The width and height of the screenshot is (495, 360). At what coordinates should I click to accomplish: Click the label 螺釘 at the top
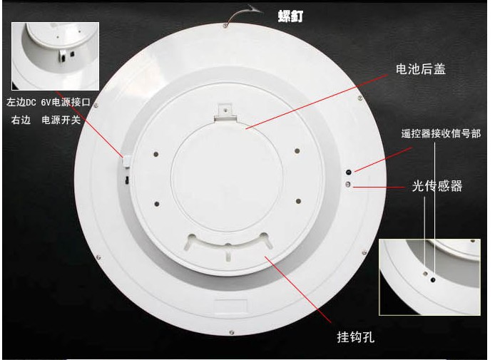tap(290, 16)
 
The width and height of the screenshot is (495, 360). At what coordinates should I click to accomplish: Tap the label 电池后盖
tap(421, 69)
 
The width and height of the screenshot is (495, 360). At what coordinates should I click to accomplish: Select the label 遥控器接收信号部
tap(441, 133)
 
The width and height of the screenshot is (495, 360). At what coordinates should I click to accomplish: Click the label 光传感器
tap(437, 186)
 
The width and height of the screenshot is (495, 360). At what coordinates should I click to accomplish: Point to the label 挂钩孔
tap(355, 337)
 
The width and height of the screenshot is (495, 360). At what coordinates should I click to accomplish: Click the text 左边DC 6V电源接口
tap(49, 102)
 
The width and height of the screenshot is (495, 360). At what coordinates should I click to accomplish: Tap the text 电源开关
tap(61, 120)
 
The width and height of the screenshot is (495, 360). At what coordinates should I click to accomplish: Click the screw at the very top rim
tap(225, 25)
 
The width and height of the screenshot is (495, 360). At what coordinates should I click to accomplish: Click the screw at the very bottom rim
tap(232, 332)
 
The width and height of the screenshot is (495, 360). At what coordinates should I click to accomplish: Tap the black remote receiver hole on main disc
tap(349, 173)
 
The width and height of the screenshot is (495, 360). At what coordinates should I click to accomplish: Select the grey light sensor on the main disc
tap(348, 184)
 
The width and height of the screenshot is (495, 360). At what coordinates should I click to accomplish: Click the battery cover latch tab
tap(225, 112)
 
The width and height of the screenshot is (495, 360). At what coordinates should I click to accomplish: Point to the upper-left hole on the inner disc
tap(156, 154)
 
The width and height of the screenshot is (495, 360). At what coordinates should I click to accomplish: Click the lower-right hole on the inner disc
tap(298, 201)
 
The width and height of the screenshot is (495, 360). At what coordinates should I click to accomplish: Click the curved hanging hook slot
tap(228, 245)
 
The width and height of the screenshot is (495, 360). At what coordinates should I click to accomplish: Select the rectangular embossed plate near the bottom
tap(230, 307)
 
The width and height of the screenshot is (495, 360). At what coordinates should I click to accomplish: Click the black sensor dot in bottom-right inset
tap(433, 279)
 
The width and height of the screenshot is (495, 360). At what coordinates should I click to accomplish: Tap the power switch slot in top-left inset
tap(72, 54)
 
